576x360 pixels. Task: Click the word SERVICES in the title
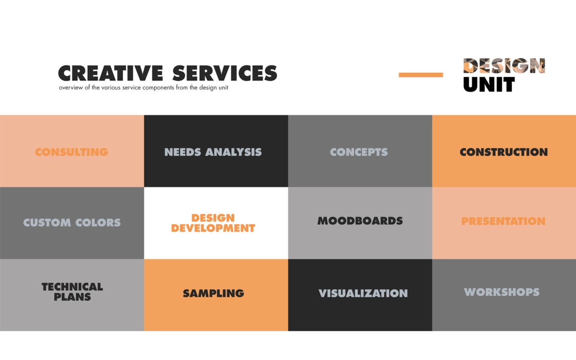(x=224, y=73)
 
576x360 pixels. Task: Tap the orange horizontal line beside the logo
(x=420, y=75)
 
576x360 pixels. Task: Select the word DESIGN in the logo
(x=504, y=66)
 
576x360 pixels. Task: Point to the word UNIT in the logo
(x=489, y=85)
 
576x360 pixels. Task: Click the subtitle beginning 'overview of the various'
(x=144, y=88)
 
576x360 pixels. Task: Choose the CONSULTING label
(x=71, y=152)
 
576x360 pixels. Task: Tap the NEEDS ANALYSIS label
(x=213, y=152)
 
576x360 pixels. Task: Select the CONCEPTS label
(x=359, y=152)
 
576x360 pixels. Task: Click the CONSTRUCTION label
(x=503, y=152)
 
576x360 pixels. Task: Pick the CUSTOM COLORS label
(x=72, y=223)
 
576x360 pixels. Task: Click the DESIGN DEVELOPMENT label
(x=213, y=223)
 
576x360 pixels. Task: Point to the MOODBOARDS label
(x=360, y=221)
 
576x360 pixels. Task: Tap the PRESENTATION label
(x=503, y=221)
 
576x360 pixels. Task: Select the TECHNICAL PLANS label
(x=72, y=292)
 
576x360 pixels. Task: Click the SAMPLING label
(x=213, y=293)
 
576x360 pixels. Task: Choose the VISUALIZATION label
(x=363, y=293)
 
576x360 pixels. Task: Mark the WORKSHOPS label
(x=501, y=292)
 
